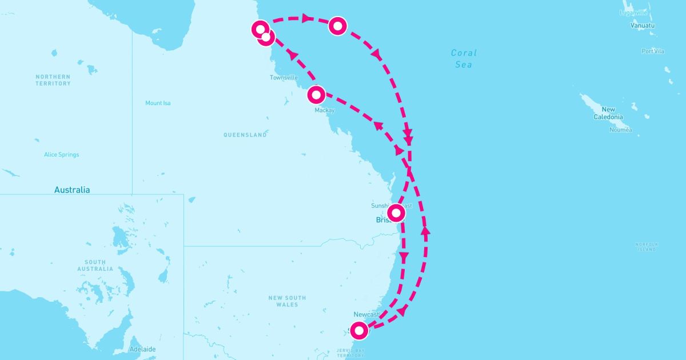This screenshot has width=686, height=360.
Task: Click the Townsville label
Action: point(284,78)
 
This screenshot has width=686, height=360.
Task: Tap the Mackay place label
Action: point(324,110)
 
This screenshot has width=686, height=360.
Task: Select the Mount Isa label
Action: point(158,103)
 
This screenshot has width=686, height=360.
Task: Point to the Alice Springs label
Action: point(61,155)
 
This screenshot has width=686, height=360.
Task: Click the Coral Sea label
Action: point(464,59)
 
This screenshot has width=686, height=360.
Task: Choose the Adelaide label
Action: point(142,349)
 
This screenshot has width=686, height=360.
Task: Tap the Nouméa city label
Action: point(620,130)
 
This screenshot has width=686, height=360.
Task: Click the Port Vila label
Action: point(653,51)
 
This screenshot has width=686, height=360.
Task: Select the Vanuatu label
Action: point(643,26)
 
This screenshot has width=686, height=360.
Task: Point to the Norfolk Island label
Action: point(647,247)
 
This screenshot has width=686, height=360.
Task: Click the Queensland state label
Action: point(245,135)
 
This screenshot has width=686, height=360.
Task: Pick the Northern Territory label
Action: point(53,80)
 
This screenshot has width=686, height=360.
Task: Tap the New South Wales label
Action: point(287,301)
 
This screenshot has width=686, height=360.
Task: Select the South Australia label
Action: point(95,265)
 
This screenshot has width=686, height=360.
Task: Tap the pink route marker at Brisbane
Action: point(396,213)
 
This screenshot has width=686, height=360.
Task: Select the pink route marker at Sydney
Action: point(358,330)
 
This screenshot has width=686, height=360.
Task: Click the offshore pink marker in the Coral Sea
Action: point(338,26)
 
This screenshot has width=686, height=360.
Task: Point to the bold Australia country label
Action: point(72,190)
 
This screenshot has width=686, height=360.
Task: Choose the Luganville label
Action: point(633,13)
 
